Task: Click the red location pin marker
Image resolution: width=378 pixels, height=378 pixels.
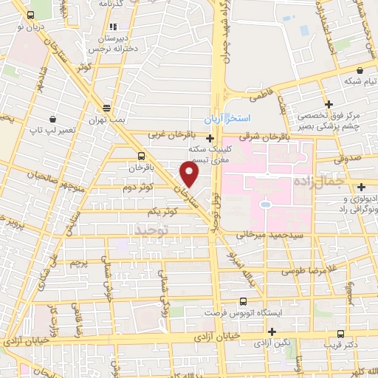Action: click(x=190, y=174)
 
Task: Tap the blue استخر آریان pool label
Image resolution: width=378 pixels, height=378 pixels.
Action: click(x=227, y=117)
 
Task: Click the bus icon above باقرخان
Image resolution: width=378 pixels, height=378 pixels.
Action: click(x=141, y=156)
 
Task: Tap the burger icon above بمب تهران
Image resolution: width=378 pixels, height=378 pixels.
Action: click(x=107, y=106)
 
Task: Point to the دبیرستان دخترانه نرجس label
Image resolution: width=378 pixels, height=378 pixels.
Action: click(x=109, y=41)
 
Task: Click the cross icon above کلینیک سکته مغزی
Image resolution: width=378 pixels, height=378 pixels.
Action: click(x=210, y=138)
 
